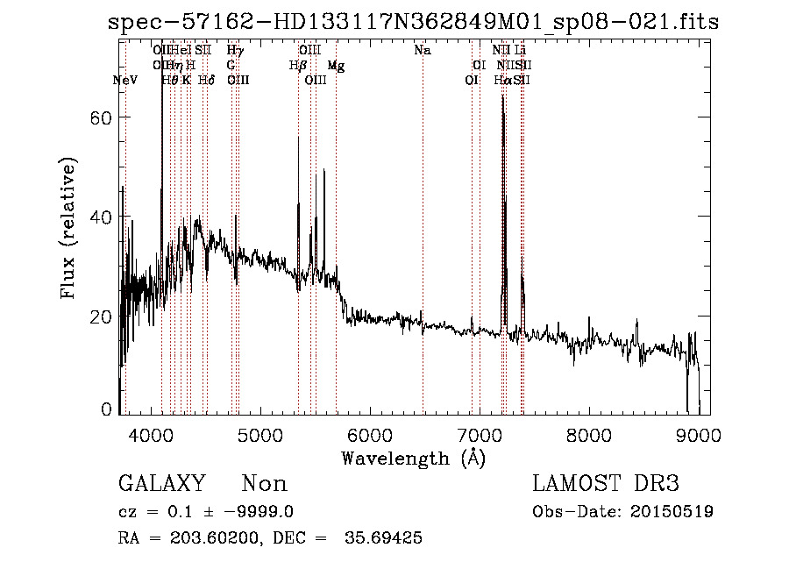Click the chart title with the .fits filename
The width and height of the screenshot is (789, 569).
pos(413,22)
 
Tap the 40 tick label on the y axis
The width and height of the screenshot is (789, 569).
pos(104,217)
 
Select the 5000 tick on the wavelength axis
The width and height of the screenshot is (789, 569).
pos(259,435)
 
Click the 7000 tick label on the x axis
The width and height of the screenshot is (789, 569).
pos(480,435)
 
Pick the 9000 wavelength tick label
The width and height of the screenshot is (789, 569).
pos(699,435)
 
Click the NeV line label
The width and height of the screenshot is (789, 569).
pos(126,80)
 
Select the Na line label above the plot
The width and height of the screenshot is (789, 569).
pos(423,51)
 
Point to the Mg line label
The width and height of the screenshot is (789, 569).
pos(336,66)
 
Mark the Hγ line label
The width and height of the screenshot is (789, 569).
pos(235,51)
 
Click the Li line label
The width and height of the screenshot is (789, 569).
pos(520,51)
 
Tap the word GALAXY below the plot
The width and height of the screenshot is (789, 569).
pos(161,484)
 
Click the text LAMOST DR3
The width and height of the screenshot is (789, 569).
pos(606,484)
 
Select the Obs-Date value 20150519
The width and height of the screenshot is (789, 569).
pos(675,512)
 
